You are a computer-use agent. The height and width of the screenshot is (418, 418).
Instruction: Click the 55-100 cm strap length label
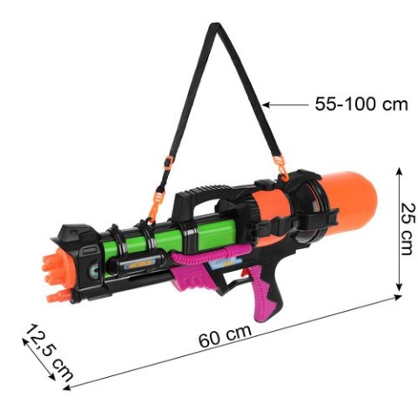(361, 104)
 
